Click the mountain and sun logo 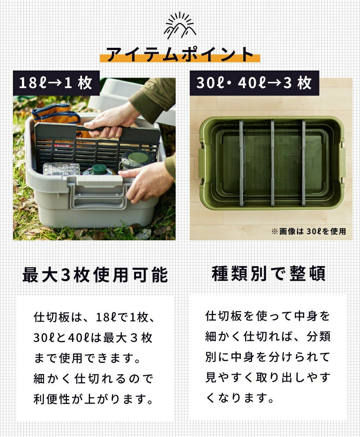[x=180, y=26]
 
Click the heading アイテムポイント [x=180, y=54]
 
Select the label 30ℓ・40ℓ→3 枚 [x=254, y=83]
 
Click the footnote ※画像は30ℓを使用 [x=309, y=231]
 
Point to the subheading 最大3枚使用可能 [x=95, y=275]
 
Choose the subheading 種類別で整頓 [x=269, y=273]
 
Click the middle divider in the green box [x=273, y=163]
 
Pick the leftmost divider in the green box [x=242, y=163]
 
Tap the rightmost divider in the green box [x=303, y=163]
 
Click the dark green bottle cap [x=99, y=169]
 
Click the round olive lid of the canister [x=138, y=158]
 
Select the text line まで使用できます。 [x=87, y=358]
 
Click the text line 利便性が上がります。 [x=93, y=399]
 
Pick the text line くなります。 [x=240, y=397]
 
